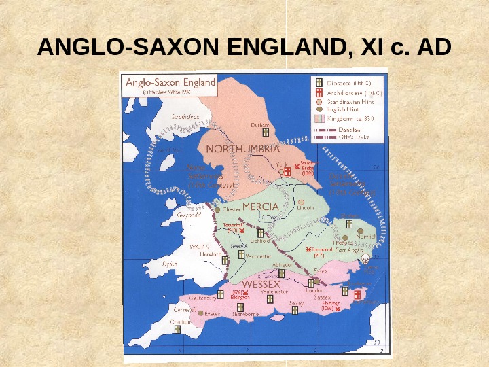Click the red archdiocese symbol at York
click(x=287, y=173)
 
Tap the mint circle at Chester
click(x=217, y=210)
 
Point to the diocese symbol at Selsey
click(x=294, y=310)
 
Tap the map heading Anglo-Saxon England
click(x=170, y=82)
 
